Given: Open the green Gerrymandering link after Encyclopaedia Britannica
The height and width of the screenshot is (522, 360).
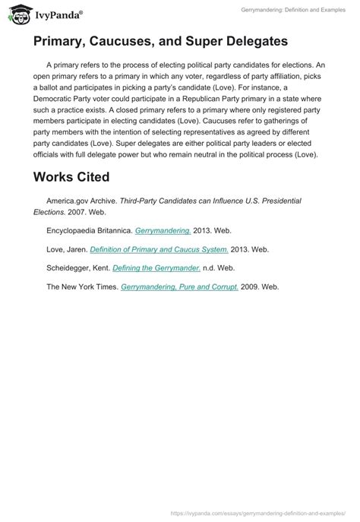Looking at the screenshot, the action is tap(163, 229).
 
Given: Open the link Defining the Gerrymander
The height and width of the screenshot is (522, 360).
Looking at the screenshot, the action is tap(156, 267).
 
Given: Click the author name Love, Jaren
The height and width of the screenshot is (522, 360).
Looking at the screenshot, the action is tap(66, 248).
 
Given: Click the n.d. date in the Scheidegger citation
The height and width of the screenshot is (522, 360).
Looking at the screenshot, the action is tap(212, 267).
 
